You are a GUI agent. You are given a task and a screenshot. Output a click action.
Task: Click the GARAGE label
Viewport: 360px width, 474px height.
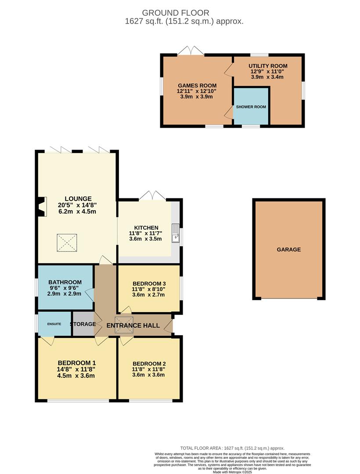pos(288,249)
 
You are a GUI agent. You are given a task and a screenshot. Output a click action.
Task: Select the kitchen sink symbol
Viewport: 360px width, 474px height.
pos(175,233)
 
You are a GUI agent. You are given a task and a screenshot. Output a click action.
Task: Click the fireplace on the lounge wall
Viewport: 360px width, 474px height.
pos(41,207)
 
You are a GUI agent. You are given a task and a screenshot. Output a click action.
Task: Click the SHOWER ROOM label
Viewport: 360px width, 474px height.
pos(251,107)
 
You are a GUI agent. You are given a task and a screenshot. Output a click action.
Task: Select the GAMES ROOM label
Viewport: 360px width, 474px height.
pos(196,86)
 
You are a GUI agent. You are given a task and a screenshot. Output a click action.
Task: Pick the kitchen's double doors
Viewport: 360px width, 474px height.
pos(152,195)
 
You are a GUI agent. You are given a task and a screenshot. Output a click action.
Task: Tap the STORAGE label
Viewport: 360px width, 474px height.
pos(83,324)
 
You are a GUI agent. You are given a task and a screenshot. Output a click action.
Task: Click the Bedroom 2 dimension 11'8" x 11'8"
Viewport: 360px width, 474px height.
pos(148,370)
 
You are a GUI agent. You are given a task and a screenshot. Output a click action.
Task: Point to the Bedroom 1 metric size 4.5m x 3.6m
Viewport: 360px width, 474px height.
pos(76,375)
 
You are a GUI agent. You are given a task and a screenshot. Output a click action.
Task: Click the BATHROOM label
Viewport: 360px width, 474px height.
pos(65,282)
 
